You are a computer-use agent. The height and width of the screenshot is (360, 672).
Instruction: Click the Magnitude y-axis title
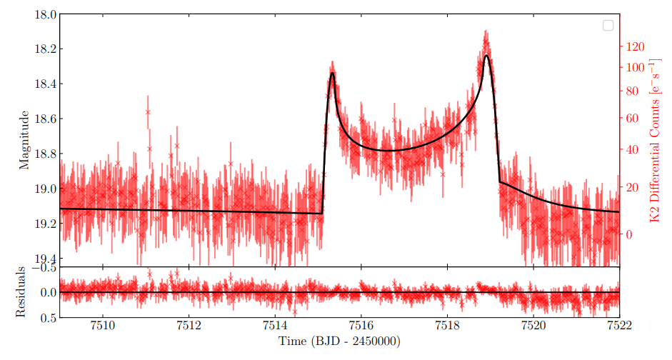[x=23, y=139]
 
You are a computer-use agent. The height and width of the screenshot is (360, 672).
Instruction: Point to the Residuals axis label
[x=23, y=291]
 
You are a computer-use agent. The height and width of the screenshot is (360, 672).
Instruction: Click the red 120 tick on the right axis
[x=635, y=47]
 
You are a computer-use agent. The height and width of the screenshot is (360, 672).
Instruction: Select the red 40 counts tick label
[x=632, y=151]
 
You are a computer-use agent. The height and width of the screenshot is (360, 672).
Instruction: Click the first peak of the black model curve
[x=332, y=73]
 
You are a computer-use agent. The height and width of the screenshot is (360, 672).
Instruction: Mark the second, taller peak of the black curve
[x=486, y=55]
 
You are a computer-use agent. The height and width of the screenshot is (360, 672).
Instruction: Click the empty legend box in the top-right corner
[x=608, y=25]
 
